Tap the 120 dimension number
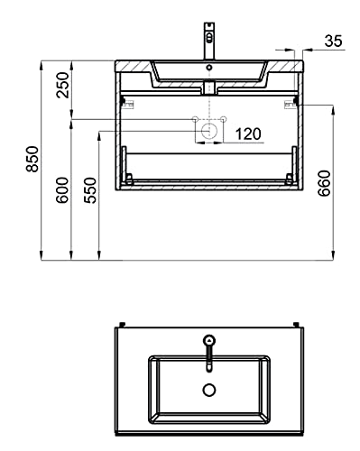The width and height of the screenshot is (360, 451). pyautogui.click(x=248, y=133)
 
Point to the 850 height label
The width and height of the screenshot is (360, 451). pyautogui.click(x=32, y=161)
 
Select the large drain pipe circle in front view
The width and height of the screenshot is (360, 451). pyautogui.click(x=208, y=131)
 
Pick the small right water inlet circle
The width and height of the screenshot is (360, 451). pyautogui.click(x=221, y=119)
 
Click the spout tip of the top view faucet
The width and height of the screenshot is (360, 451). pyautogui.click(x=208, y=365)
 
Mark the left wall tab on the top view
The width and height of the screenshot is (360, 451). pyautogui.click(x=120, y=322)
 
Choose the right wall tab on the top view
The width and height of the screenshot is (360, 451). pyautogui.click(x=297, y=322)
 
